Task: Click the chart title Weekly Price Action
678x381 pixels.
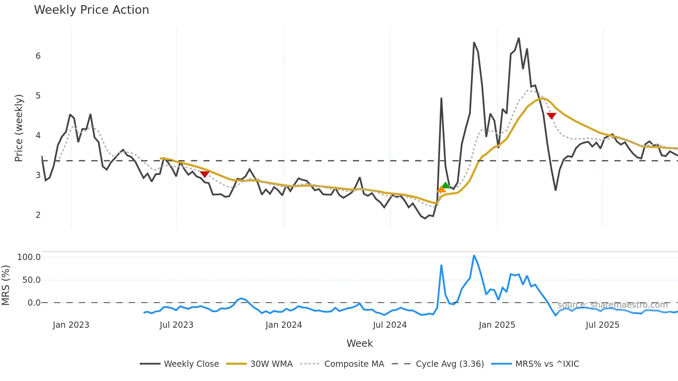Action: [91, 10]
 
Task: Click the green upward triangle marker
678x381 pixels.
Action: [446, 185]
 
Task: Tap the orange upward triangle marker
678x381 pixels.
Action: [441, 189]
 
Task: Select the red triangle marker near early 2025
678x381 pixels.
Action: [551, 116]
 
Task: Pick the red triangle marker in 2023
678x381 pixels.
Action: [204, 174]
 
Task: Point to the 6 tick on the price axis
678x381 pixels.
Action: [38, 56]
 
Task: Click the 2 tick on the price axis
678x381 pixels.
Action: [38, 215]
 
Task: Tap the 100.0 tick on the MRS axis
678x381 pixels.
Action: [29, 257]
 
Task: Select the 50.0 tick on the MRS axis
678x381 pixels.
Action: [31, 280]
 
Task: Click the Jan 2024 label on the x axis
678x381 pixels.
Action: [284, 325]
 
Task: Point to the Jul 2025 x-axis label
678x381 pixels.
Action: [602, 325]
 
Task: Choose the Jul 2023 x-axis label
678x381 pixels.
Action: [176, 325]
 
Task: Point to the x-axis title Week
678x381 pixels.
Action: [359, 343]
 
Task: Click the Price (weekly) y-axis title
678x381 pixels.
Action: [19, 128]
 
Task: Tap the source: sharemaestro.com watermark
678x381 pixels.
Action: [612, 305]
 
